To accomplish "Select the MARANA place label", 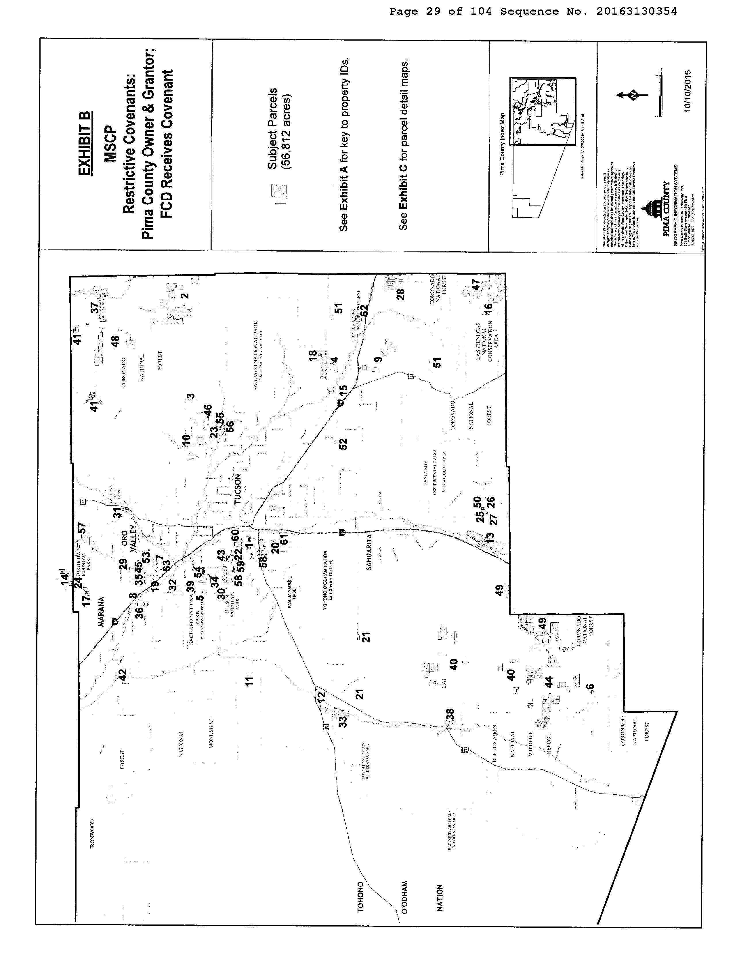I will pos(102,612).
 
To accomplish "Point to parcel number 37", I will pos(94,308).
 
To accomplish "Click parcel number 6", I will pos(590,687).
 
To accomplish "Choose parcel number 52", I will pos(343,443).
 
